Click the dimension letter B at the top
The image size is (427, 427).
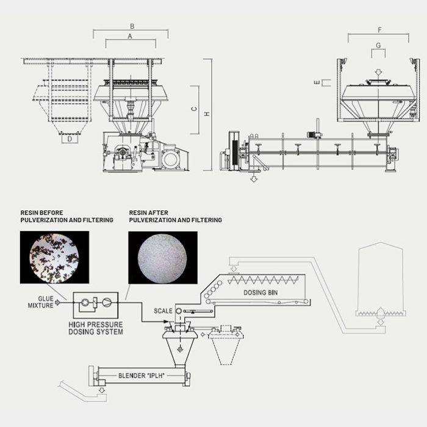click(x=132, y=26)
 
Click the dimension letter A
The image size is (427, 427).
click(x=130, y=36)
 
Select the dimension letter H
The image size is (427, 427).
click(x=207, y=114)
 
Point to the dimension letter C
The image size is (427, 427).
click(x=194, y=109)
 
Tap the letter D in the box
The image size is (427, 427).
click(x=70, y=139)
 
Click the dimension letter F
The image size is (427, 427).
click(x=379, y=30)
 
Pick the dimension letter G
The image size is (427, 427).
click(x=378, y=45)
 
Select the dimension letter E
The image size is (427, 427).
click(x=317, y=82)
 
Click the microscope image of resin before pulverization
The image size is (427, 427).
click(x=54, y=257)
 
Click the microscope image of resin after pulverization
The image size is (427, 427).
click(x=163, y=257)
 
